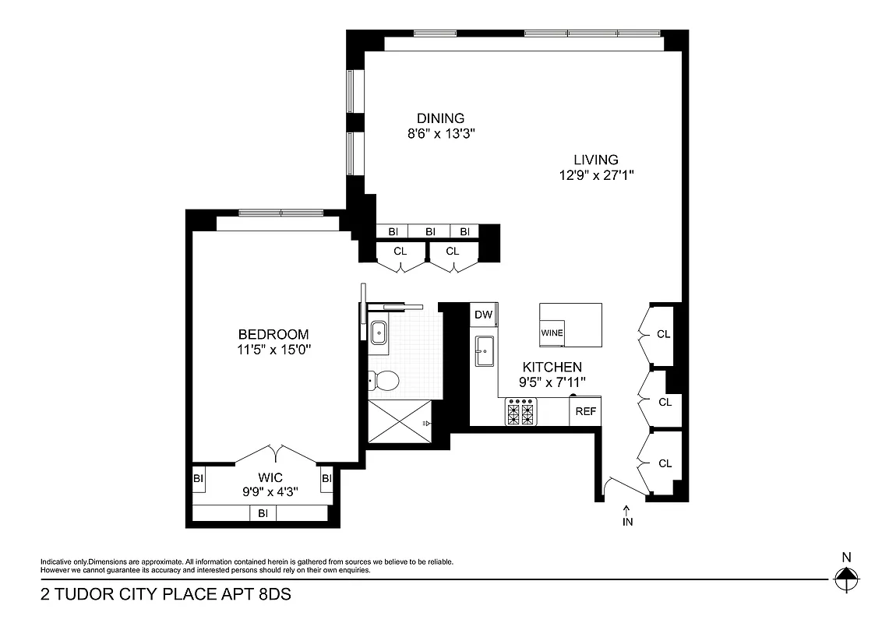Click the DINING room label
pos(440,118)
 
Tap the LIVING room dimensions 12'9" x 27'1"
pos(596,175)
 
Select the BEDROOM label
pos(273,334)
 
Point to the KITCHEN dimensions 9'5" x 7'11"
pos(552,382)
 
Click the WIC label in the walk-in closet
pos(270,477)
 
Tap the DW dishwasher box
pos(483,315)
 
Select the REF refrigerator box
pos(585,411)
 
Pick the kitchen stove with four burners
pos(520,411)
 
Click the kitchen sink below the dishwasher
pos(484,350)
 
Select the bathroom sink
pos(380,333)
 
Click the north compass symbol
pos(845,579)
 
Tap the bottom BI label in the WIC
pos(263,513)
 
